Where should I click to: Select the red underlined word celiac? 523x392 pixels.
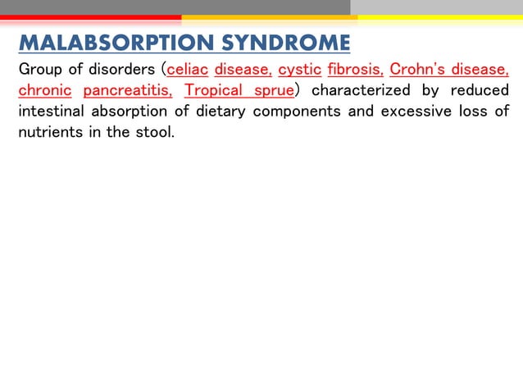coord(188,69)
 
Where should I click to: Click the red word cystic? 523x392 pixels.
coord(299,69)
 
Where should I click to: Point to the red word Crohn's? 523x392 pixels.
coord(417,69)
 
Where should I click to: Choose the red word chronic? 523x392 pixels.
coord(45,89)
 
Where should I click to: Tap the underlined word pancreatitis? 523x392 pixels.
coord(127,89)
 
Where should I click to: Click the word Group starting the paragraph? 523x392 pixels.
coord(39,69)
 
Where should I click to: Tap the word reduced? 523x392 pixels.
coord(480,89)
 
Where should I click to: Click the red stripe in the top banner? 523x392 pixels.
coord(90,16)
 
